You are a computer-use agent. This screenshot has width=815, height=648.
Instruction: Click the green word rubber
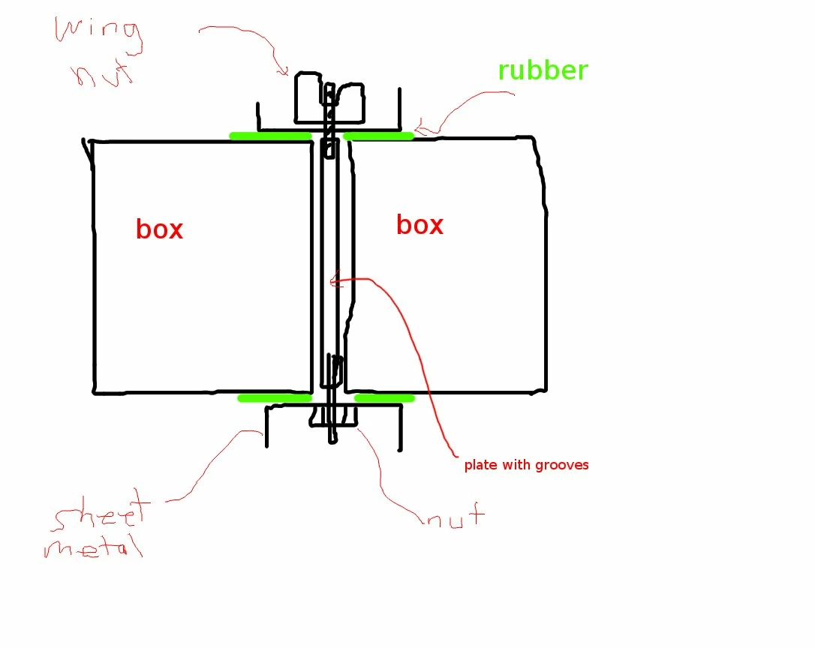[x=543, y=70]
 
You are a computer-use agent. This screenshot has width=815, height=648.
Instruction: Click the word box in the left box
[x=159, y=229]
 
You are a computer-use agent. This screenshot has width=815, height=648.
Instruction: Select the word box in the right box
[x=420, y=225]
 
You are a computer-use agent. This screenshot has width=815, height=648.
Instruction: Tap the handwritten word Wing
[x=98, y=34]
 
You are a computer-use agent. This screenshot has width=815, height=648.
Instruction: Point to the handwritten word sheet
[x=101, y=517]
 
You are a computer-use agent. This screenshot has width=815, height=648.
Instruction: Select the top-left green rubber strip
[x=270, y=136]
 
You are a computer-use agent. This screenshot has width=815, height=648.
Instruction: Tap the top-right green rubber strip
[x=379, y=136]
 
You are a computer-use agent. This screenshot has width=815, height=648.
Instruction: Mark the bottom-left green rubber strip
[x=274, y=397]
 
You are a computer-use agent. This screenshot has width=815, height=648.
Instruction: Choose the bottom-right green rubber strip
[x=384, y=397]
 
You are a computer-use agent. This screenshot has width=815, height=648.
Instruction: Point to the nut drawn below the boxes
[x=333, y=415]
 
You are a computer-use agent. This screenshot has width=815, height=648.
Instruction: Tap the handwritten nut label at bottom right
[x=455, y=517]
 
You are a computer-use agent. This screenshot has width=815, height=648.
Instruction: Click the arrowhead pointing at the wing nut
[x=284, y=72]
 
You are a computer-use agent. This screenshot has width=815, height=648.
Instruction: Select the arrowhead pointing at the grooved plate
[x=335, y=282]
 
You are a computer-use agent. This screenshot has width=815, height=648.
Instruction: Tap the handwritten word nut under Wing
[x=101, y=75]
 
